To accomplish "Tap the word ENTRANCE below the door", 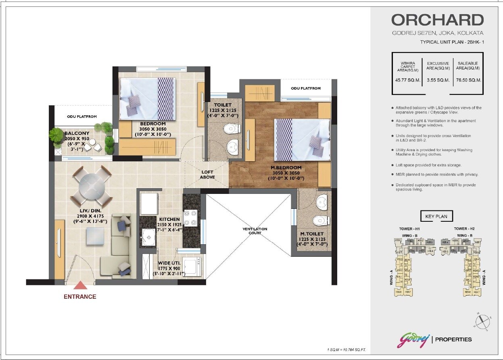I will (x=80, y=297).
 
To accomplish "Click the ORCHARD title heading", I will (x=437, y=20).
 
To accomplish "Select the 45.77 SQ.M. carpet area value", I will (x=408, y=80).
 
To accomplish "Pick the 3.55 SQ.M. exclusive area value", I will (x=438, y=80).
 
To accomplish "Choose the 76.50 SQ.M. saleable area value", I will (x=468, y=80).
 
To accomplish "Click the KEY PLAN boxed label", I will (x=436, y=216).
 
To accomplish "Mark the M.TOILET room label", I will (x=313, y=234).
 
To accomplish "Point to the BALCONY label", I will (x=76, y=133).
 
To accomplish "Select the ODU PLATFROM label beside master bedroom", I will (x=306, y=88).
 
